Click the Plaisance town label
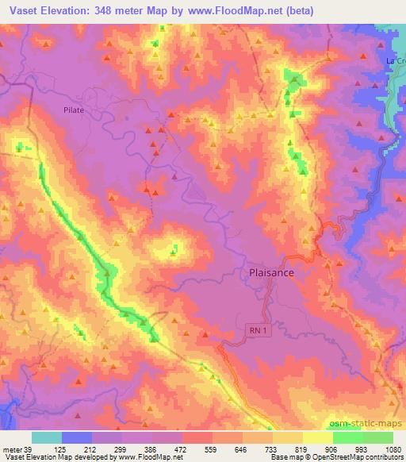[266, 272]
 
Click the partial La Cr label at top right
[394, 60]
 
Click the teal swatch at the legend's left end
[47, 437]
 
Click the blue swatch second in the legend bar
[77, 437]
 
